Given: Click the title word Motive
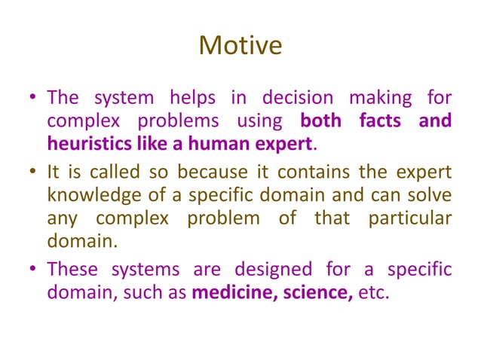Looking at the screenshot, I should tap(240, 47).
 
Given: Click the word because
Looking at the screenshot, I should tap(207, 172).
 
